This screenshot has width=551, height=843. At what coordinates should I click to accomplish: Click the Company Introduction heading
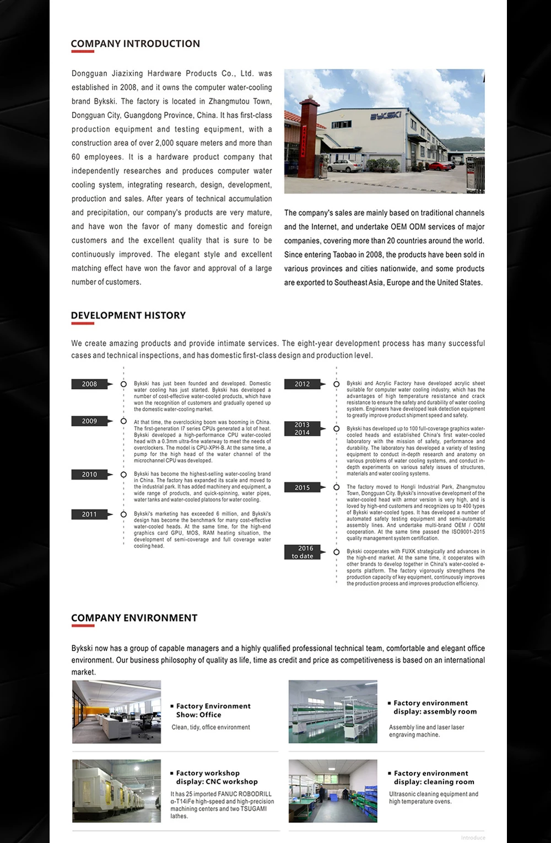tap(135, 44)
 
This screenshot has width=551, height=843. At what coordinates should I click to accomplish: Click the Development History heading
tap(128, 315)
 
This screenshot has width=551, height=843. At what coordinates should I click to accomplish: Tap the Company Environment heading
tap(134, 618)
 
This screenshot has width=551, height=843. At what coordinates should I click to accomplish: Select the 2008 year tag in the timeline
tap(89, 384)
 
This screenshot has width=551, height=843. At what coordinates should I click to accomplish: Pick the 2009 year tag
tap(89, 421)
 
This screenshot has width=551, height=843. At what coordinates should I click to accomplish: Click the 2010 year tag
tap(89, 475)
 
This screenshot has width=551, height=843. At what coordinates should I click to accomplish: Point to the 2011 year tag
tap(89, 514)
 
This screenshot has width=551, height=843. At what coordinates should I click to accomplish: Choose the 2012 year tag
tap(302, 384)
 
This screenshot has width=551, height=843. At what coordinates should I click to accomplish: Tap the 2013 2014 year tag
tap(302, 429)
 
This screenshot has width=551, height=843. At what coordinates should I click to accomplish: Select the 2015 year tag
tap(302, 488)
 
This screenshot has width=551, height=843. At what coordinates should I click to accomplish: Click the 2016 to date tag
tap(302, 552)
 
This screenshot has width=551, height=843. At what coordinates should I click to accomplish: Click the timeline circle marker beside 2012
tap(336, 384)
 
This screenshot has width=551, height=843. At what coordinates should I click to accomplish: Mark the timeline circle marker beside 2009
tap(123, 421)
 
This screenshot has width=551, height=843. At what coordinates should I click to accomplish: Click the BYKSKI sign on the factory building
tap(385, 116)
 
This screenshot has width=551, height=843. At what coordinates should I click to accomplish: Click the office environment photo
tap(117, 712)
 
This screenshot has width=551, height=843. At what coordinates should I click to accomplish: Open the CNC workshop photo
tap(117, 791)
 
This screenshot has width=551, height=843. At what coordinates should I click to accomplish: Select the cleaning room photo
tap(333, 791)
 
